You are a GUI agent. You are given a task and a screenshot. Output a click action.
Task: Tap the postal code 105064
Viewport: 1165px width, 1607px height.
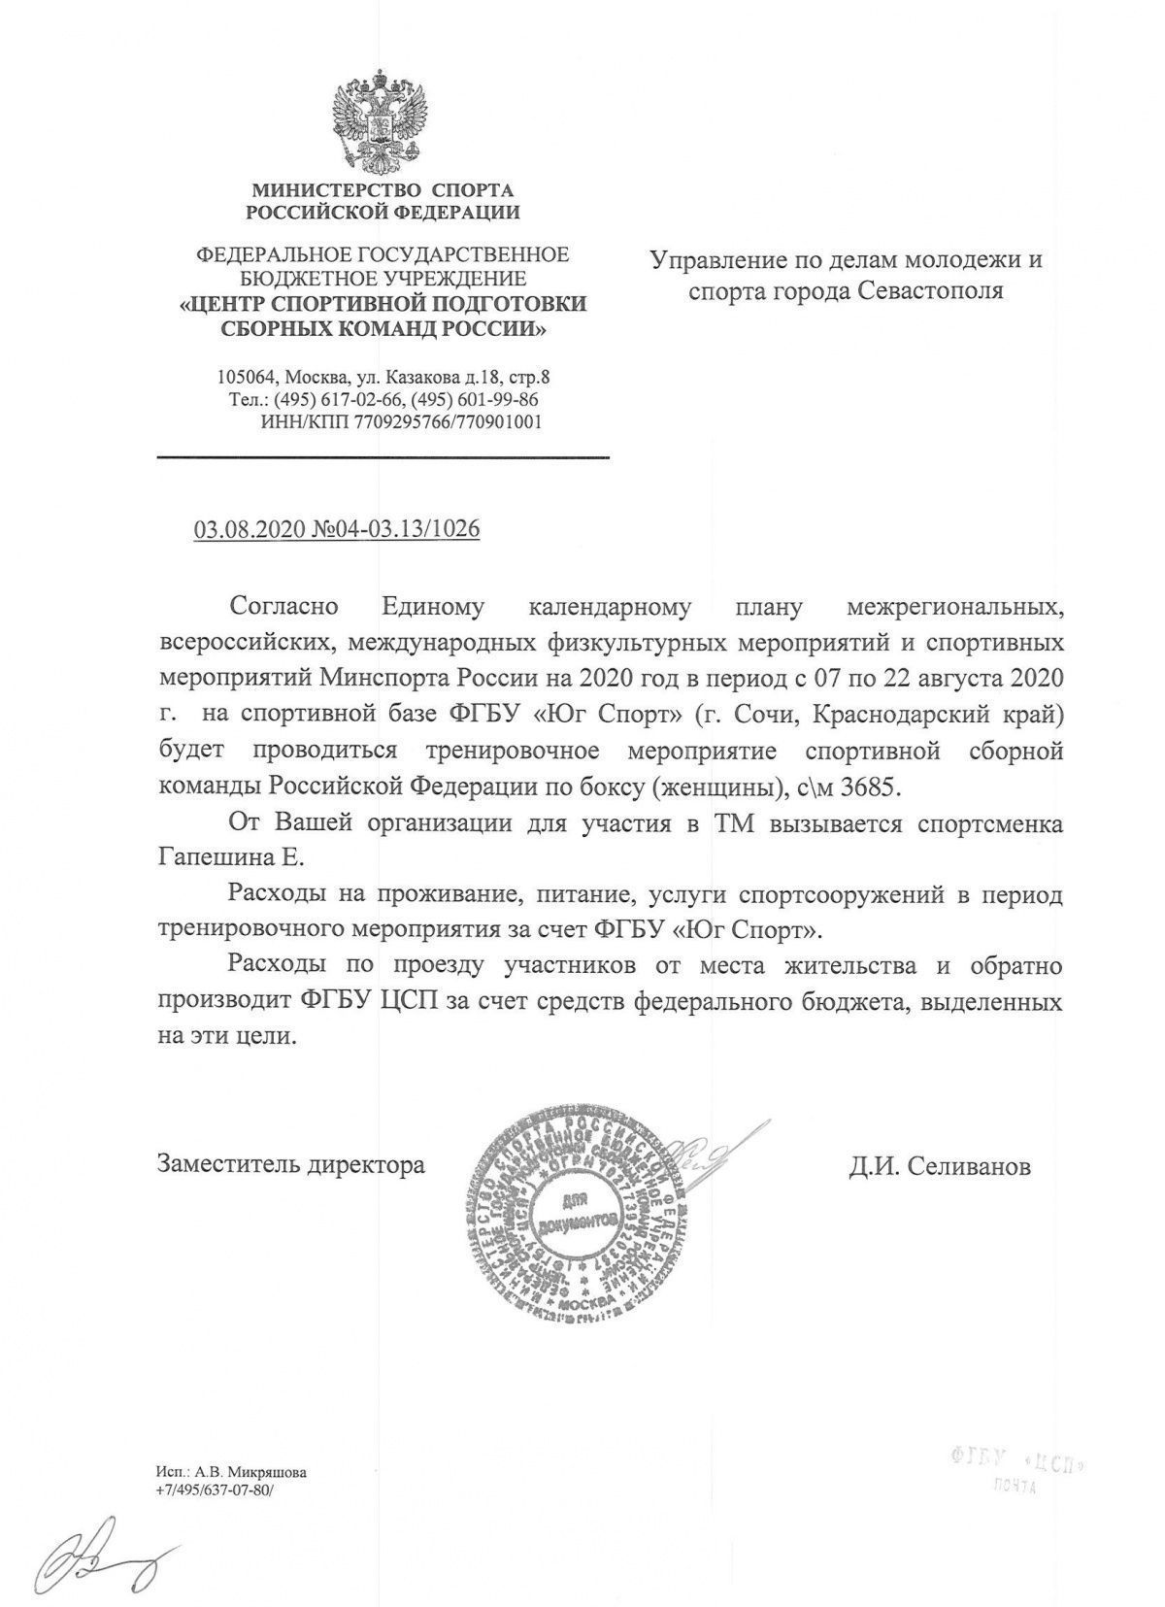pyautogui.click(x=250, y=377)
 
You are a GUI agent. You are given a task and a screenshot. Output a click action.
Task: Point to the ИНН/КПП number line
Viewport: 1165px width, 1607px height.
pyautogui.click(x=401, y=422)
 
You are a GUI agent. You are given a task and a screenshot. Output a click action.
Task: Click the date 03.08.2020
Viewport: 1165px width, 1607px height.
pyautogui.click(x=250, y=530)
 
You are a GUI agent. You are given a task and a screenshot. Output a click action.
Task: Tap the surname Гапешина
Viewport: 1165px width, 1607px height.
pyautogui.click(x=214, y=858)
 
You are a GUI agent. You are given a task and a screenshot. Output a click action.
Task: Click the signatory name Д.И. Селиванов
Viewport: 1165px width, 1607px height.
pyautogui.click(x=939, y=1166)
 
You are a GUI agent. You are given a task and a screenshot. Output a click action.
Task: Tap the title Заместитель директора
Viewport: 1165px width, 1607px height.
pyautogui.click(x=291, y=1164)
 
